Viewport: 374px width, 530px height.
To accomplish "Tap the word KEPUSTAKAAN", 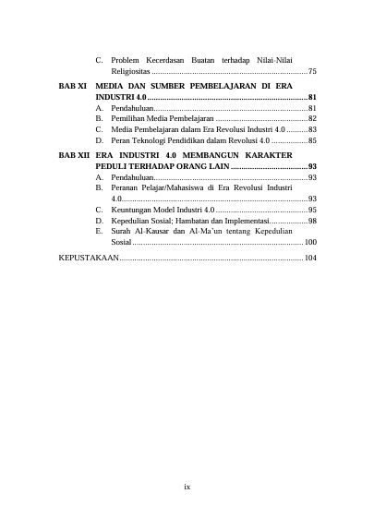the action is pos(89,260).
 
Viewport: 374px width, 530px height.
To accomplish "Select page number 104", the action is pos(310,260).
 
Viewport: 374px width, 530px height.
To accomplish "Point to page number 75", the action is pos(313,71).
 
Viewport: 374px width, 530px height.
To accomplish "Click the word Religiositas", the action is pos(130,71).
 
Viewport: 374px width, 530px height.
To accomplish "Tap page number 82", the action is pos(313,119).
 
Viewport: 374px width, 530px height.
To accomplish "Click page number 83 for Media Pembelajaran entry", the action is pos(313,130).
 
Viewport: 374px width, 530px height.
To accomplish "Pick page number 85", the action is pos(313,141).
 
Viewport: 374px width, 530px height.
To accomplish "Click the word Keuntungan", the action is pos(133,210).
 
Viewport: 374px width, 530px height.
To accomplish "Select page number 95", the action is pos(313,210).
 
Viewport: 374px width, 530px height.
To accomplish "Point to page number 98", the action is pos(313,221).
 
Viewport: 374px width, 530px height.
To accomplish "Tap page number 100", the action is pos(310,242).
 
